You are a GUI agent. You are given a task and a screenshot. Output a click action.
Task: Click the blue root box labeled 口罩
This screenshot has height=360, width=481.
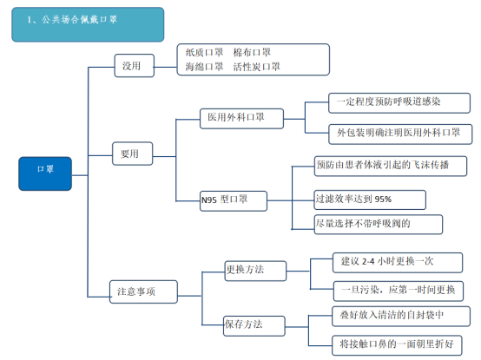(x=45, y=173)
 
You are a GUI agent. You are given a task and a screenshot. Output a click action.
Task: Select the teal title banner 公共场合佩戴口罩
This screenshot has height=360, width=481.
(x=88, y=24)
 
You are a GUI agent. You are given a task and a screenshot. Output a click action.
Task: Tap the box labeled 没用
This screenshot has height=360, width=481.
(x=135, y=66)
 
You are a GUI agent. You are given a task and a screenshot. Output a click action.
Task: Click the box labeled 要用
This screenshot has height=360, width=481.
(x=133, y=154)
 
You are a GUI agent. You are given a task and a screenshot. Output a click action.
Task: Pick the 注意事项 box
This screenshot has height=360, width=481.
(x=143, y=291)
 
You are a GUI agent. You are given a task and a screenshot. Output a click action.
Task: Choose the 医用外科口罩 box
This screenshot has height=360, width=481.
(x=241, y=119)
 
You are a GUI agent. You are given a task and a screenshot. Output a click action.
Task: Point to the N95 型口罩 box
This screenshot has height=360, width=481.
(x=234, y=201)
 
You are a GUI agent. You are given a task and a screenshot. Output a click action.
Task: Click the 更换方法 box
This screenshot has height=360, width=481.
(x=255, y=271)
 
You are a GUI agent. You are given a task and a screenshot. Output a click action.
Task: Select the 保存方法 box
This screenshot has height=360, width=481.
(x=254, y=326)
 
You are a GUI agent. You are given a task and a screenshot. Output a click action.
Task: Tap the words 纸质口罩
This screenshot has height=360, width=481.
(x=204, y=52)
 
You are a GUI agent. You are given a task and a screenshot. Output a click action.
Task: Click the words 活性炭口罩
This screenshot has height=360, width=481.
(x=256, y=67)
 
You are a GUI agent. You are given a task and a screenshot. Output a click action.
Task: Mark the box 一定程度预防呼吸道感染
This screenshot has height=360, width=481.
(x=399, y=103)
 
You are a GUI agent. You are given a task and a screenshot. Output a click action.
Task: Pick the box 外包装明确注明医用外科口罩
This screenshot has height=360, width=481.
(x=400, y=134)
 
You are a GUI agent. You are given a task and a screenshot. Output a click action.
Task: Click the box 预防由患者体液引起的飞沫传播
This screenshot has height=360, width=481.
(x=391, y=166)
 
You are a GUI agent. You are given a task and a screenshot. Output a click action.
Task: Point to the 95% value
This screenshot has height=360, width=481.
(x=383, y=200)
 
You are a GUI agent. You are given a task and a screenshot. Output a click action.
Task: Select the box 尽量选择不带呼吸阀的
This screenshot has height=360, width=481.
(x=379, y=225)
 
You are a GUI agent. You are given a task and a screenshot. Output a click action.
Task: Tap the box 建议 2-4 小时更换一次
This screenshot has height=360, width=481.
(x=398, y=263)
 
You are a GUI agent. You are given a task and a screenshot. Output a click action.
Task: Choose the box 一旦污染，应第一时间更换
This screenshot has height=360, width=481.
(x=399, y=291)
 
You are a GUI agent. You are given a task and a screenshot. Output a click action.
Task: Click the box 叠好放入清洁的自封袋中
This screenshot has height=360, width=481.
(x=401, y=317)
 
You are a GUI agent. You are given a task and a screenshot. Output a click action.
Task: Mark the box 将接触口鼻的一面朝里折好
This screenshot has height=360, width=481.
(x=397, y=345)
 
